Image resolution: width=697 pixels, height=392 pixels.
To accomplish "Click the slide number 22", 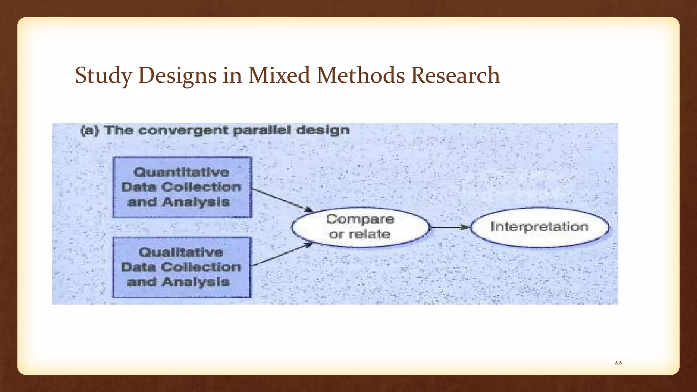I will click(x=618, y=363).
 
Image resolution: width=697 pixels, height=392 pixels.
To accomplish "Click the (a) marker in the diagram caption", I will click(x=90, y=131).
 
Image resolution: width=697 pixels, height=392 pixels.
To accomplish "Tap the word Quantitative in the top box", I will click(x=181, y=173).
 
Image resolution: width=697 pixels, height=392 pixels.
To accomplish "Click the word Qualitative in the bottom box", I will click(x=181, y=252).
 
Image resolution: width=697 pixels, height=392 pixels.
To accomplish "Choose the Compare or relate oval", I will click(x=360, y=227).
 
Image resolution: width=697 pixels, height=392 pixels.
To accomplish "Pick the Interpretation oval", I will click(x=539, y=227).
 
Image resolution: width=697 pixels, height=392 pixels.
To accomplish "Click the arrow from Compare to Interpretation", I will click(x=449, y=227).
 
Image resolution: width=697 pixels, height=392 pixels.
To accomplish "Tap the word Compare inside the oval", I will click(x=360, y=219).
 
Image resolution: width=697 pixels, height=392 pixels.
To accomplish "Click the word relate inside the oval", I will click(x=370, y=234).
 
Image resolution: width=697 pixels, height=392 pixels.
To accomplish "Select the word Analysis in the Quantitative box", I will click(x=196, y=202).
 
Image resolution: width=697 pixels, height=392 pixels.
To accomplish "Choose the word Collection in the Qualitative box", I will click(x=201, y=267).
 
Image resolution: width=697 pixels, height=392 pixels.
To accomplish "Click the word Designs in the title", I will click(x=177, y=76).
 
